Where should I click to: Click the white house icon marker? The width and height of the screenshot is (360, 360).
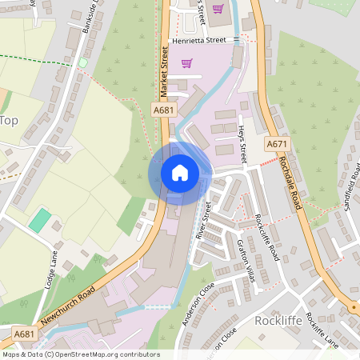click(180, 172)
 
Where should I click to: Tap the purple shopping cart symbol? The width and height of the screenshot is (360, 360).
click(187, 62)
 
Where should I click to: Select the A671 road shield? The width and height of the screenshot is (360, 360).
click(277, 144)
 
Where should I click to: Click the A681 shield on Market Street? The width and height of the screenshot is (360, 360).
click(163, 110)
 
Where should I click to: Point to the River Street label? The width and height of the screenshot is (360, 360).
click(203, 221)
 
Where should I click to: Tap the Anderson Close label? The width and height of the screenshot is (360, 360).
click(194, 307)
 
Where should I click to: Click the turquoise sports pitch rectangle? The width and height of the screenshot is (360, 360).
click(39, 220)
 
